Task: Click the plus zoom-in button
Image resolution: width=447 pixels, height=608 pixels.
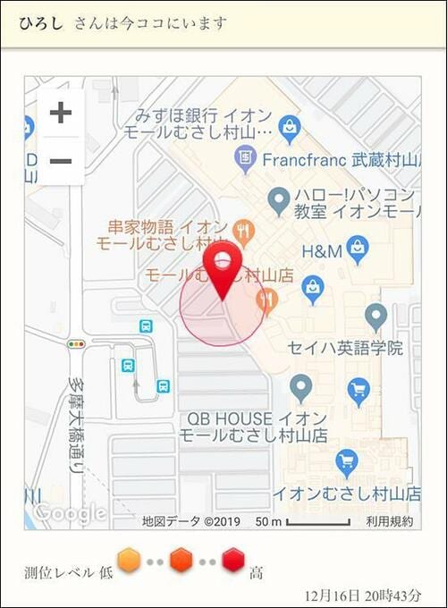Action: pyautogui.click(x=60, y=114)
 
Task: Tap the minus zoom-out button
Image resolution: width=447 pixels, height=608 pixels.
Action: pyautogui.click(x=60, y=161)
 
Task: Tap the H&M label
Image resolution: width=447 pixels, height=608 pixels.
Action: pyautogui.click(x=323, y=251)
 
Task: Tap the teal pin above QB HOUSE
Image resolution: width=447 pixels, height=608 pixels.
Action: pyautogui.click(x=300, y=388)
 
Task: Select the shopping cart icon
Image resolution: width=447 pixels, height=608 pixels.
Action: pyautogui.click(x=358, y=391)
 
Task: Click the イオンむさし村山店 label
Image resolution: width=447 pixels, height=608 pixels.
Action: pyautogui.click(x=346, y=493)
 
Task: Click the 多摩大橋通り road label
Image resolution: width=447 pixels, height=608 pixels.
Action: pyautogui.click(x=76, y=425)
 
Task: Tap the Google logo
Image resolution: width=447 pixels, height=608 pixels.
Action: pyautogui.click(x=70, y=513)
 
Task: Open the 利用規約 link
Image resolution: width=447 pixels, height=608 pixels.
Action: pyautogui.click(x=390, y=521)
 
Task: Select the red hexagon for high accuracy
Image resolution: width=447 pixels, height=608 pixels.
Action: pyautogui.click(x=234, y=561)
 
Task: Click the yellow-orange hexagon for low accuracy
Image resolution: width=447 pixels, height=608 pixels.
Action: pyautogui.click(x=130, y=561)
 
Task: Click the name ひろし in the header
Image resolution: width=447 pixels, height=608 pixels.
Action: pyautogui.click(x=41, y=22)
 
